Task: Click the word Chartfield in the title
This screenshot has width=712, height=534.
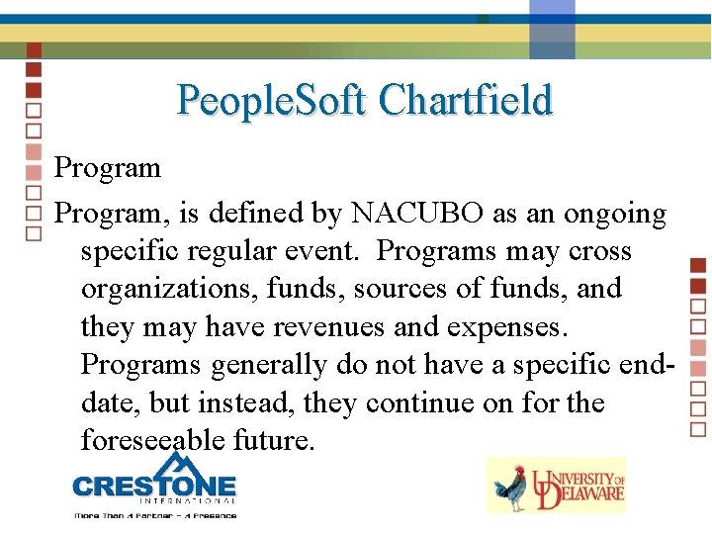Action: [465, 100]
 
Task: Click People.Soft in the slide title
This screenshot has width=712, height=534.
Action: [272, 100]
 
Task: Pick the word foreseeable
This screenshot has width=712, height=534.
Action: [153, 440]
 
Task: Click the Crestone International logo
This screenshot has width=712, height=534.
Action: [154, 486]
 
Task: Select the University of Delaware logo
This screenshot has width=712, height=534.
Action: [557, 485]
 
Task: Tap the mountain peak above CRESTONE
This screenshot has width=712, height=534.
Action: [175, 461]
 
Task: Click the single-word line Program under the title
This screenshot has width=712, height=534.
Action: [107, 167]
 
